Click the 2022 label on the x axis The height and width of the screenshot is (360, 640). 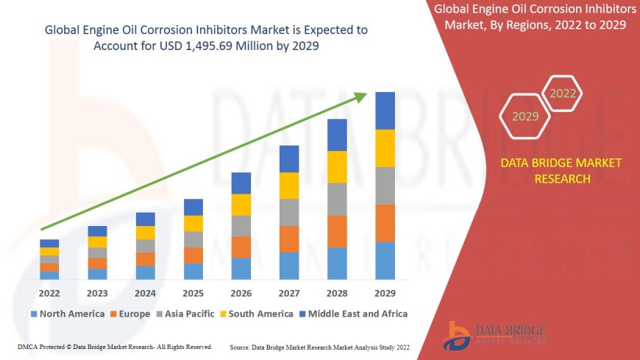click(49, 293)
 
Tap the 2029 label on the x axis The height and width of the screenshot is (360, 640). click(385, 293)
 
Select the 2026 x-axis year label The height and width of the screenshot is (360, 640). click(241, 293)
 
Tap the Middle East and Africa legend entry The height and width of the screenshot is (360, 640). click(354, 314)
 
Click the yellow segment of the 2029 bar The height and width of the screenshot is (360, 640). click(385, 148)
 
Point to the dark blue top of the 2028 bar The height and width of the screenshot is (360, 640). click(337, 135)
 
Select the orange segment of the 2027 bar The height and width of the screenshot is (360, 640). click(289, 239)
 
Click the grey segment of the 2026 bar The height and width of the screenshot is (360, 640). click(241, 225)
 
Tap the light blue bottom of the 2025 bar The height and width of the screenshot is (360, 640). click(193, 271)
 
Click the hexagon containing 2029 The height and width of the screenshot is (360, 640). click(525, 116)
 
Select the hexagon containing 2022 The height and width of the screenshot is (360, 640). click(563, 93)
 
